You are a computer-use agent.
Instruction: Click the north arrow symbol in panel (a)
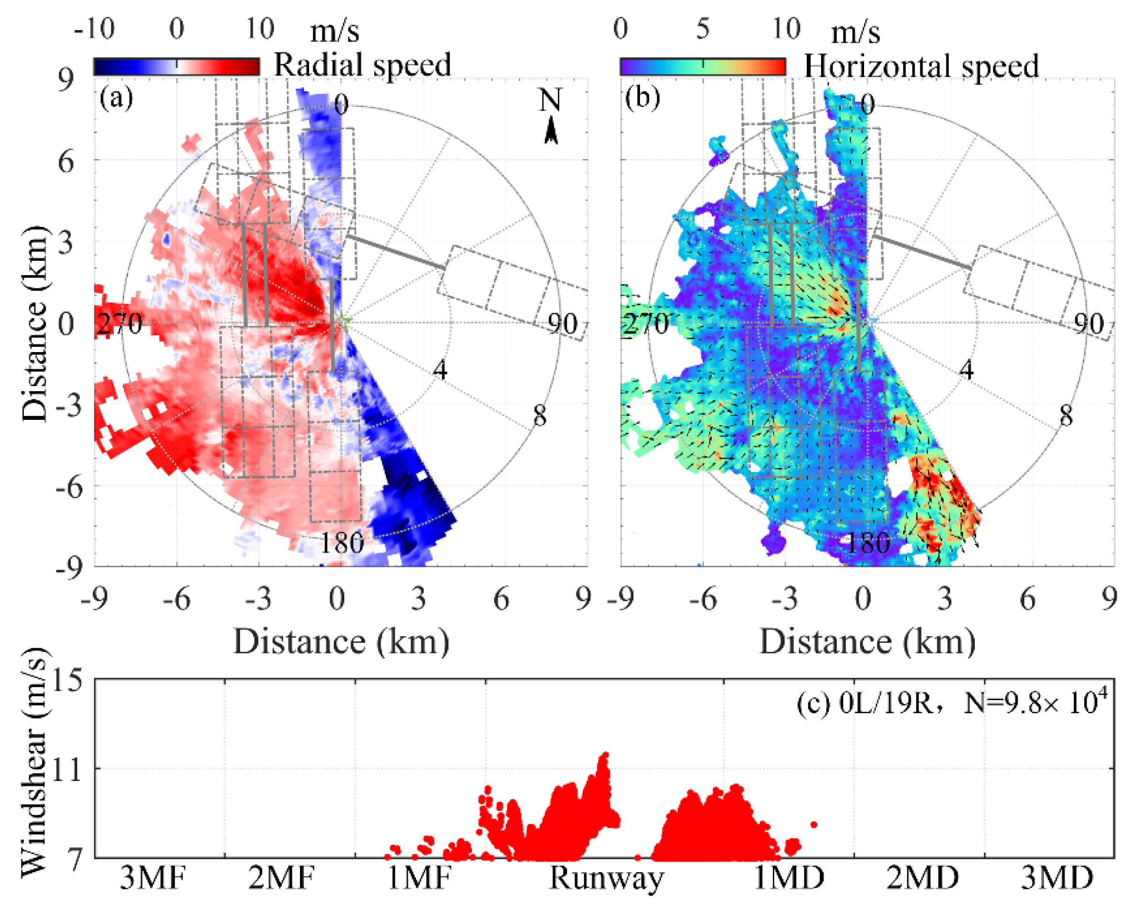coord(551,131)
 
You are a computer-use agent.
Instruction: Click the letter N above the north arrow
coord(550,100)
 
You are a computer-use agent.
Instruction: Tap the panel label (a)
coord(116,97)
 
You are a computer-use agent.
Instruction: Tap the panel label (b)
coord(642,97)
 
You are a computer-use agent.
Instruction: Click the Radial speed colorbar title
coord(363,64)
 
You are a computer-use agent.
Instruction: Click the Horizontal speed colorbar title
coord(921,66)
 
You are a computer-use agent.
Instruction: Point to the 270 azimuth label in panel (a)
coord(119,323)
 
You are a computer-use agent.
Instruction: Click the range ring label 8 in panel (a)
coord(540,416)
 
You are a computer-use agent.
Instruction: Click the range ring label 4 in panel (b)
coord(966,369)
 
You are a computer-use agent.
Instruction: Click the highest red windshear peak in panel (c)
coord(604,755)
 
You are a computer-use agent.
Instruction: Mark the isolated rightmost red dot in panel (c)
coord(814,824)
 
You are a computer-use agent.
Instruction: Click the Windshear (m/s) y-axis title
coord(33,764)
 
